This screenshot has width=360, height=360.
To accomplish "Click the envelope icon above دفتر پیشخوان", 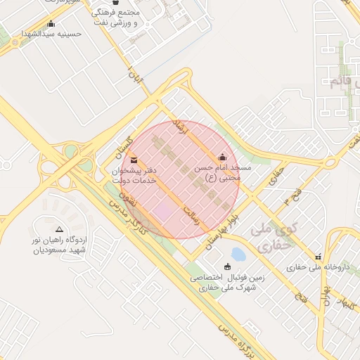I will click(134, 162).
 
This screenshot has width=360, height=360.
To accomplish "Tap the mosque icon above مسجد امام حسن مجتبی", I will click(223, 157).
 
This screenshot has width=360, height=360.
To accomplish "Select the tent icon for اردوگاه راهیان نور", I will click(59, 229).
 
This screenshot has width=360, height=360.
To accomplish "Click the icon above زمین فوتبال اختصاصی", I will click(227, 266).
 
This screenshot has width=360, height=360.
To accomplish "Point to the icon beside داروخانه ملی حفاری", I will click(319, 257).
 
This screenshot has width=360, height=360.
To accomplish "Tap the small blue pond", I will click(239, 253).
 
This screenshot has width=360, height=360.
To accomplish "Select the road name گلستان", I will click(124, 146).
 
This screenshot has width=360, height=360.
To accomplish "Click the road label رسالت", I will click(191, 215).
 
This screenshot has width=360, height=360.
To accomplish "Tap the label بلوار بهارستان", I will click(220, 231).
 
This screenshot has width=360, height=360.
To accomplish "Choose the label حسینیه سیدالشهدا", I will click(52, 33).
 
